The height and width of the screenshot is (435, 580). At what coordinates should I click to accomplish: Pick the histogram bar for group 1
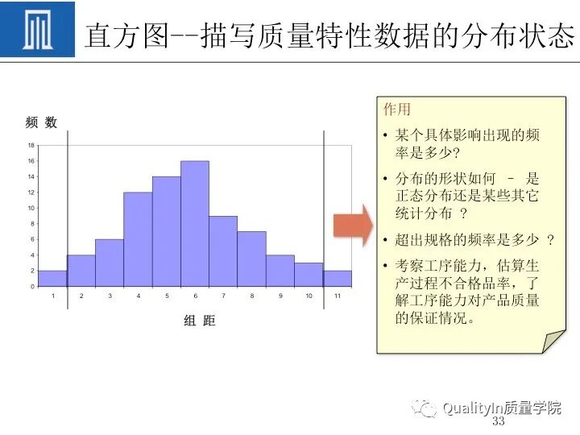tap(52, 279)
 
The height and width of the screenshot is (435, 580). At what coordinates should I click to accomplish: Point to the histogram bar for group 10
tap(309, 275)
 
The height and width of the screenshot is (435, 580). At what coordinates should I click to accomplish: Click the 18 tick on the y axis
tap(31, 146)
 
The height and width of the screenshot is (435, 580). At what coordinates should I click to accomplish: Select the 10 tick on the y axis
tap(31, 208)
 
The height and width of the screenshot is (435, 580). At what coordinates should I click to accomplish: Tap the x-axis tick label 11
tap(338, 296)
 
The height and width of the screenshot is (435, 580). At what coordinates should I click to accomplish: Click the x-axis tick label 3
tap(110, 296)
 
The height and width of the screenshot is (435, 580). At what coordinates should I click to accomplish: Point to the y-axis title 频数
tap(41, 122)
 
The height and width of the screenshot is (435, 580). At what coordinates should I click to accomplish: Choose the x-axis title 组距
tap(200, 321)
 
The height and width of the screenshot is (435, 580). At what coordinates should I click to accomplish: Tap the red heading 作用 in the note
tap(396, 110)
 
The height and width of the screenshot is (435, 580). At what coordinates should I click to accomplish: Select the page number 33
tap(498, 422)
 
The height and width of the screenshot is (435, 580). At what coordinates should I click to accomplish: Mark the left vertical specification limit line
tap(67, 209)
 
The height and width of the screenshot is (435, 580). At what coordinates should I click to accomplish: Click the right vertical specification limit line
tap(324, 209)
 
